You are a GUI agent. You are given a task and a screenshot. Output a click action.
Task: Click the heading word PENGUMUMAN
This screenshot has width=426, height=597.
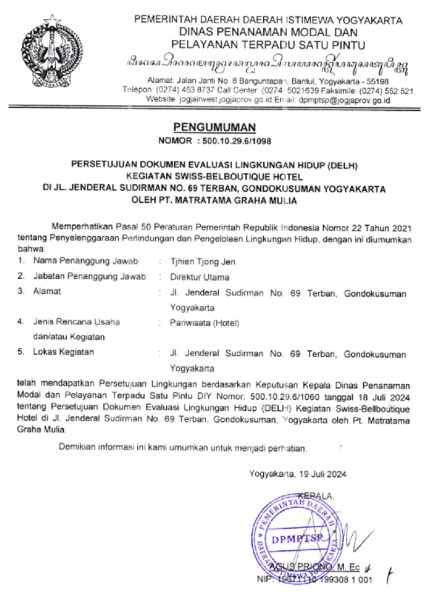pyautogui.click(x=214, y=127)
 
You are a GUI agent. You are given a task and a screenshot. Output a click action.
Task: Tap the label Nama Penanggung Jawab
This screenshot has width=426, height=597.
pyautogui.click(x=86, y=262)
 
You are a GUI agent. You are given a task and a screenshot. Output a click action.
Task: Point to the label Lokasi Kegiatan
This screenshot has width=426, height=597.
pyautogui.click(x=63, y=353)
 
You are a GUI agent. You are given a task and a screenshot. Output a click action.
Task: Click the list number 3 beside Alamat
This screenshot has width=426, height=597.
pyautogui.click(x=21, y=292)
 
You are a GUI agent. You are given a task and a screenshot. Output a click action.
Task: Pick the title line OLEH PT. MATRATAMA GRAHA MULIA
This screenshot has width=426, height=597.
pyautogui.click(x=214, y=201)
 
